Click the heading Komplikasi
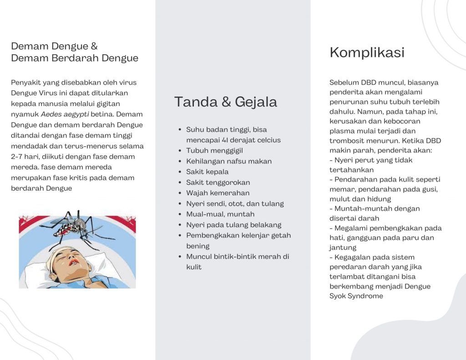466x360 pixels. [x=367, y=52]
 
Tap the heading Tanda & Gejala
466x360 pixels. [x=225, y=101]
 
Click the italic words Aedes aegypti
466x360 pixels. [x=65, y=114]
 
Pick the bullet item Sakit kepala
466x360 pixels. [x=207, y=172]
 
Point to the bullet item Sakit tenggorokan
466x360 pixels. [x=218, y=183]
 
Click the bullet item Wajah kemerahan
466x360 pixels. [x=218, y=193]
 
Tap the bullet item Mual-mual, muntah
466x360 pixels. [x=220, y=214]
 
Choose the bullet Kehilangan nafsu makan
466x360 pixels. [x=229, y=161]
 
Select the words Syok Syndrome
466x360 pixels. [x=356, y=296]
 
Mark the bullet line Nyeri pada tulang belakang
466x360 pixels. [x=233, y=225]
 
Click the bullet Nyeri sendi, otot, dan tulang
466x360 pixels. [x=235, y=203]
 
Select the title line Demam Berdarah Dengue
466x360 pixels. [x=75, y=58]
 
